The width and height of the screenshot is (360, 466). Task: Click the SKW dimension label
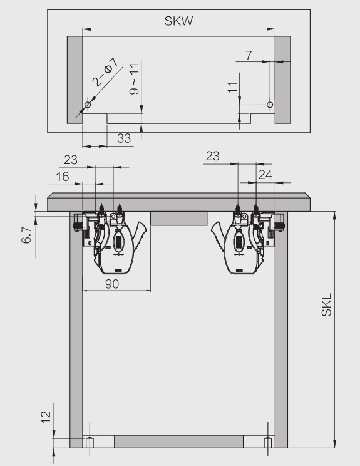coord(178,21)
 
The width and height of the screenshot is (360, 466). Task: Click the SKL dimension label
coord(326,305)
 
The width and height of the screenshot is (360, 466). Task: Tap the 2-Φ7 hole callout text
coord(105,72)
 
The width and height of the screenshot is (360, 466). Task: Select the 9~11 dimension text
coord(134,79)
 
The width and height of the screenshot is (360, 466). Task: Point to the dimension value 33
coord(124,138)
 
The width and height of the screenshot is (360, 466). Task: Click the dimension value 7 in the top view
coord(249,55)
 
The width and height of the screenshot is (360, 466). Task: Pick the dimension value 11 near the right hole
coord(232,88)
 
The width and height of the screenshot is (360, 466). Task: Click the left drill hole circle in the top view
coord(88,105)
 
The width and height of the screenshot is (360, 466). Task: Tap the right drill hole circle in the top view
coord(270,105)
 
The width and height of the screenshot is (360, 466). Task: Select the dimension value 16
coord(63,177)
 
